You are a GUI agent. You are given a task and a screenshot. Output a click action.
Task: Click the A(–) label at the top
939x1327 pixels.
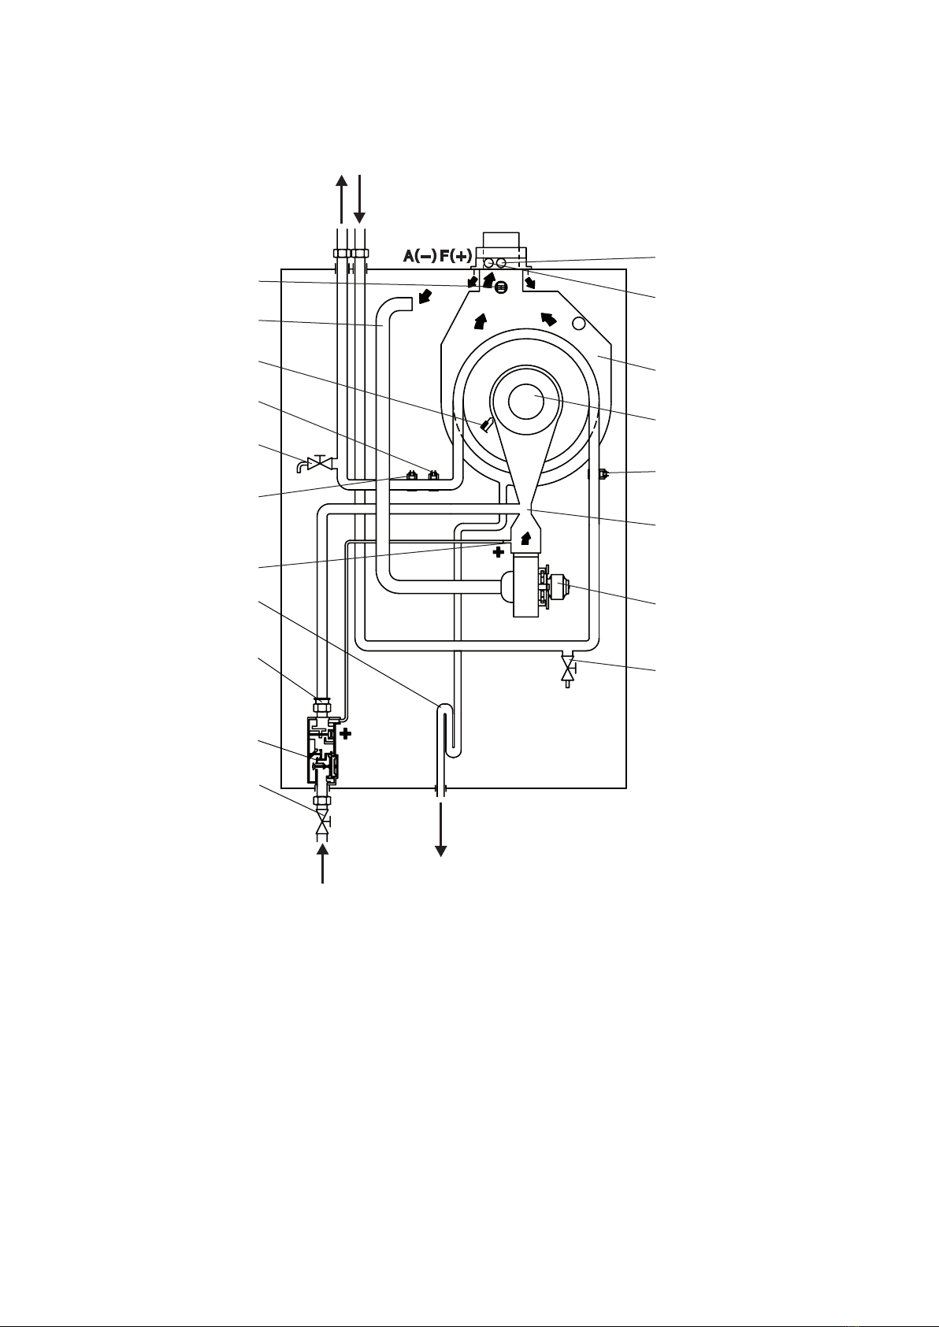pos(420,256)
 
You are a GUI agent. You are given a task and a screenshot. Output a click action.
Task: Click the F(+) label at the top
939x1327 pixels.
pos(456,256)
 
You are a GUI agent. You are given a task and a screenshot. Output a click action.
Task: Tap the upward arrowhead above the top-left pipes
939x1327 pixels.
pos(342,180)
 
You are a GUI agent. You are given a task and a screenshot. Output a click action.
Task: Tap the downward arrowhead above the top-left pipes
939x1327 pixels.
pos(359,217)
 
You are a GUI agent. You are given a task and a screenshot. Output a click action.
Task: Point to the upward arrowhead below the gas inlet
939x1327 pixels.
pos(322,850)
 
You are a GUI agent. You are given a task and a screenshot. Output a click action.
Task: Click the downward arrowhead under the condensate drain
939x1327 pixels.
pos(441,851)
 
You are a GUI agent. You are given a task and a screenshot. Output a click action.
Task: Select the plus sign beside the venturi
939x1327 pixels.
pos(498,552)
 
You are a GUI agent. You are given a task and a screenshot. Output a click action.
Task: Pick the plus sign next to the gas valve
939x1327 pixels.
pos(345,734)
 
